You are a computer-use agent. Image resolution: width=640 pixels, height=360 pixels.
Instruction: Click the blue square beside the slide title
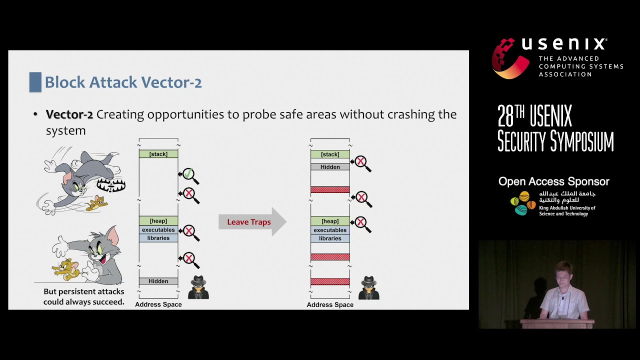pos(35,82)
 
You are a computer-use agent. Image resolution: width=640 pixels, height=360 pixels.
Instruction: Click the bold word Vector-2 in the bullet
pos(69,114)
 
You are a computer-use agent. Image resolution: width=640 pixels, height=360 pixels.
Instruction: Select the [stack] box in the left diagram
pos(158,154)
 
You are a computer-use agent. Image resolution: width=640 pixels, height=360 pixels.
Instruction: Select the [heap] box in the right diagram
pos(330,221)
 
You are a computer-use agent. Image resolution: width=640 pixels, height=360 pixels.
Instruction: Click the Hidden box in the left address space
pos(158,281)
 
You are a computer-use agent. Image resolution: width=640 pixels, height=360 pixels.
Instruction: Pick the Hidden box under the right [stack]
pos(330,167)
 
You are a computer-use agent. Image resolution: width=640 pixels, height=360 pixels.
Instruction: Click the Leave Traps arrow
pos(251,222)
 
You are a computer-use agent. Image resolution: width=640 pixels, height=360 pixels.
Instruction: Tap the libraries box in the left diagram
pos(158,238)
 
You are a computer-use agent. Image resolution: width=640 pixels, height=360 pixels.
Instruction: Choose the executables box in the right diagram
pos(330,230)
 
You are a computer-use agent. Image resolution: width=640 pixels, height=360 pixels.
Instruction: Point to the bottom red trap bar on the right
pos(330,281)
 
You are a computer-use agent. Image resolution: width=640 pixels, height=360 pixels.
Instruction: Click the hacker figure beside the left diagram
pos(198,287)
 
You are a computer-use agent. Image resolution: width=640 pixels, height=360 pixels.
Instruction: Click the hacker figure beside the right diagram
pos(369,288)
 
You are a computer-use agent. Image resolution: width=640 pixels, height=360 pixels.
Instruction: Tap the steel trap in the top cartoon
pos(110,185)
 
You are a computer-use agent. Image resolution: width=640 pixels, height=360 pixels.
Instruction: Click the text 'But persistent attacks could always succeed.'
pos(83,296)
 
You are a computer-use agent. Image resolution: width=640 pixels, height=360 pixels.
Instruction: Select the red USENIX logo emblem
pos(509,58)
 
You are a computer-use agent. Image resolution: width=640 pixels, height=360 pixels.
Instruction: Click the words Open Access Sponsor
pos(553,181)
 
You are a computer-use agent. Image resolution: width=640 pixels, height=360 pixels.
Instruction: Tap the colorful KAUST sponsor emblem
pos(522,203)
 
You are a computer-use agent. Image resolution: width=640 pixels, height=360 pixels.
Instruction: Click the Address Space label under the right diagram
pos(330,304)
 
